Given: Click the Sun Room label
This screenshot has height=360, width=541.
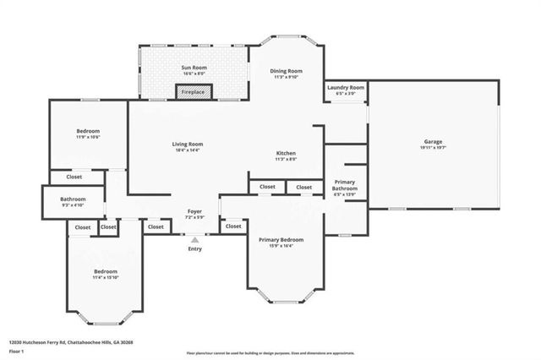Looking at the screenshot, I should [x=194, y=67].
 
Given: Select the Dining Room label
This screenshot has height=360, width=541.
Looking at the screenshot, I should [x=285, y=71].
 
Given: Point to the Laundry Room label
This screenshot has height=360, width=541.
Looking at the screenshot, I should [x=346, y=87].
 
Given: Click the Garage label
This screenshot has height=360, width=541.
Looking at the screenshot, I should [x=433, y=141].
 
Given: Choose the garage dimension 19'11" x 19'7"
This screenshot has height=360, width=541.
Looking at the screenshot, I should [x=433, y=147].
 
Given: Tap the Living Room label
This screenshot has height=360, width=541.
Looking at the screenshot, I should [x=189, y=144].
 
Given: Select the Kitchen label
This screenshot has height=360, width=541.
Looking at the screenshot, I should [x=286, y=153].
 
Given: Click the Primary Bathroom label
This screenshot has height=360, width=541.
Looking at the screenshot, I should [x=345, y=184].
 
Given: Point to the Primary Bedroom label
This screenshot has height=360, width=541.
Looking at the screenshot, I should [x=281, y=240].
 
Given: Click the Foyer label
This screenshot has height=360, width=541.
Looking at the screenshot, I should [x=194, y=211].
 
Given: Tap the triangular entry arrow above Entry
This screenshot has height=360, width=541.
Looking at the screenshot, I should [x=194, y=240].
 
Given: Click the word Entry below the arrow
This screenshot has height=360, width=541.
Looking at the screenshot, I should [x=194, y=248].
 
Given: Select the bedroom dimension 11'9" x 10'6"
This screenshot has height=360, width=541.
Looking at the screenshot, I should [x=88, y=137].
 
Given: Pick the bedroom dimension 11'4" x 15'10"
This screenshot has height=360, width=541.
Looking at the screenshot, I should [x=106, y=276].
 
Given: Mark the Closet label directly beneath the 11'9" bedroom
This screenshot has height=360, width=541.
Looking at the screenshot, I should [x=74, y=177].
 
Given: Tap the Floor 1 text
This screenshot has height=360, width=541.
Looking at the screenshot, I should [x=17, y=350].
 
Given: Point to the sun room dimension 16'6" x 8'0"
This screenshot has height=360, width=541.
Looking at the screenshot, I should [x=194, y=74].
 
